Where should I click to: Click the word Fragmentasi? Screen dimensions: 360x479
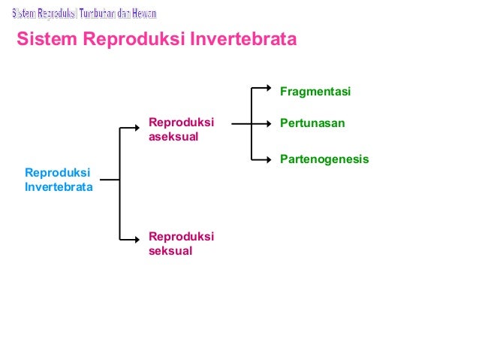[x=315, y=92]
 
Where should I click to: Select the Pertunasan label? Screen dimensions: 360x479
[x=312, y=123]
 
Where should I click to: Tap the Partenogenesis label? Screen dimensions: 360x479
[x=324, y=159]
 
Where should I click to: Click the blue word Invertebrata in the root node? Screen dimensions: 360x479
[x=59, y=187]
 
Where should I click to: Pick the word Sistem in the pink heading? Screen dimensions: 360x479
[x=44, y=38]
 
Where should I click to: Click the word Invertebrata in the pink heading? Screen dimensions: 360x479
[x=242, y=38]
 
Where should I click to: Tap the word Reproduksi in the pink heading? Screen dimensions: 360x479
[x=129, y=38]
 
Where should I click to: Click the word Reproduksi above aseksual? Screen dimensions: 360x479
[x=181, y=123]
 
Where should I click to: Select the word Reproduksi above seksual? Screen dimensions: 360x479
[x=181, y=237]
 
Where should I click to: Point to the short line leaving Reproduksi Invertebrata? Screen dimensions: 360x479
[x=110, y=180]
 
